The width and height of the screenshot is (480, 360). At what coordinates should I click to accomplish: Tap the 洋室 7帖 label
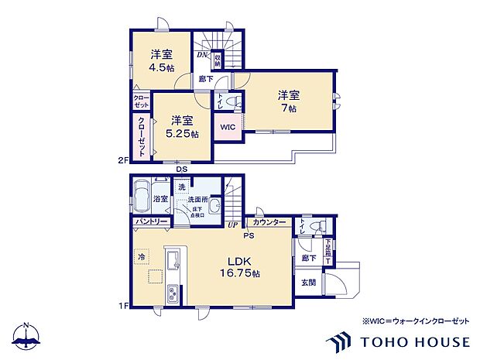point(289,101)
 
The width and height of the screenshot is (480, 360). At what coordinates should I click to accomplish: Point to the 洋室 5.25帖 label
point(183,127)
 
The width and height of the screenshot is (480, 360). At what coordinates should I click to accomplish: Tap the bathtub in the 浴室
point(142,198)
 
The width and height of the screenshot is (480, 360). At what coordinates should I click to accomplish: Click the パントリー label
point(148,222)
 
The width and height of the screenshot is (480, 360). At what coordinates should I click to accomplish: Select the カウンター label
point(269,222)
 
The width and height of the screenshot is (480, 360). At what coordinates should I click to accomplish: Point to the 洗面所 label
point(197,200)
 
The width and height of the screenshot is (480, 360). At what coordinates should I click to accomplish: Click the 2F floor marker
point(122,162)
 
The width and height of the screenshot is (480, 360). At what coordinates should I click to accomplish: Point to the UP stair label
point(231,225)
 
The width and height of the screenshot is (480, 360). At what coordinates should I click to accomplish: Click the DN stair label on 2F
point(200,54)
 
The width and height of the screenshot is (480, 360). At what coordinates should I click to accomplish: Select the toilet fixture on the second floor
point(235,101)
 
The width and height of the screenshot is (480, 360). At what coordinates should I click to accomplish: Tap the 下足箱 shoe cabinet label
point(328,249)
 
